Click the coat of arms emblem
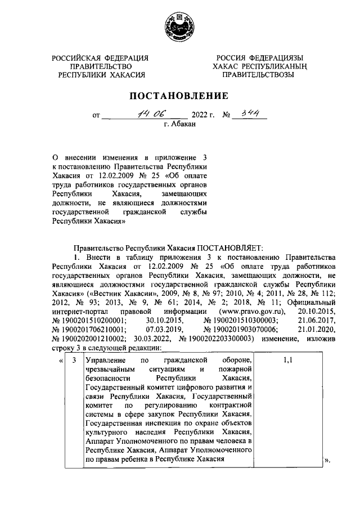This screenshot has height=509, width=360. tap(180, 27)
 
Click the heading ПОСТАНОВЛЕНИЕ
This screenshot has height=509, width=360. tap(179, 96)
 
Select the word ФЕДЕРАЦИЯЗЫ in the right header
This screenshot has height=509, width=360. tap(274, 58)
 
